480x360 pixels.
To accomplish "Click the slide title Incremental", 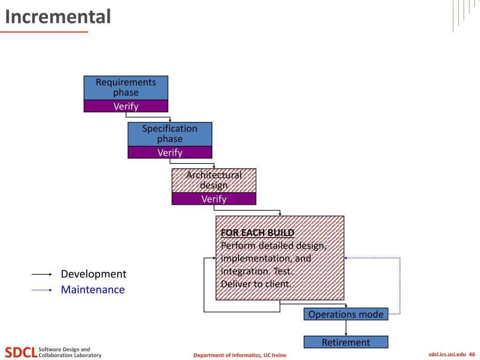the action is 58,16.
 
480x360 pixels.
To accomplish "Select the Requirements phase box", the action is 126,88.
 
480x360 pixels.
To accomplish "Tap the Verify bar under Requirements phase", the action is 126,106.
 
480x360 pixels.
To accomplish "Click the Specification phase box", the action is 170,134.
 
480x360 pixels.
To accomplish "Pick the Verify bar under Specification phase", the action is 170,152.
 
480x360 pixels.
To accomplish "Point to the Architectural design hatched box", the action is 214,180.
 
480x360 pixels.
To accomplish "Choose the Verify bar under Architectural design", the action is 214,199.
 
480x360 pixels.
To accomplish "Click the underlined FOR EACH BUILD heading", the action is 257,232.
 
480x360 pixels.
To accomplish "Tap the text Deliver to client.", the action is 256,284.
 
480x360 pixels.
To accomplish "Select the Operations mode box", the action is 346,315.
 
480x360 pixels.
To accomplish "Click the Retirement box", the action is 346,342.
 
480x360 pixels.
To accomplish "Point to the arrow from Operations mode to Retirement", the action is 346,328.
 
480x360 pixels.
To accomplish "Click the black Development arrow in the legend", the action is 42,274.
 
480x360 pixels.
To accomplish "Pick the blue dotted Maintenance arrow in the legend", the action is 42,290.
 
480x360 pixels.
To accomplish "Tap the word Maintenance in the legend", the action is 93,290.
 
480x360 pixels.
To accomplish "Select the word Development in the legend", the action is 94,274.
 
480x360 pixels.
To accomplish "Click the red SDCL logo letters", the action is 21,352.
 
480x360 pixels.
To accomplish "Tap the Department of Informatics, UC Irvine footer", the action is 240,355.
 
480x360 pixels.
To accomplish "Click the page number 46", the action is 472,354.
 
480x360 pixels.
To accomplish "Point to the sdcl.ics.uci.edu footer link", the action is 447,354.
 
